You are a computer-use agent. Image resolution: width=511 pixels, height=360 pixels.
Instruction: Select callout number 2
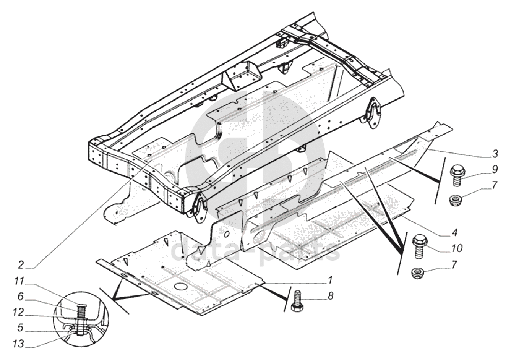[21, 264]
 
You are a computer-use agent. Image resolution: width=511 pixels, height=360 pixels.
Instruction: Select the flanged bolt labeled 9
[457, 174]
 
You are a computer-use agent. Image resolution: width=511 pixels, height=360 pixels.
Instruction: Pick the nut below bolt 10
[418, 273]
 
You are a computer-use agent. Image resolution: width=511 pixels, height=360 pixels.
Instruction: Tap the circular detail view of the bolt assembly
[81, 319]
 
